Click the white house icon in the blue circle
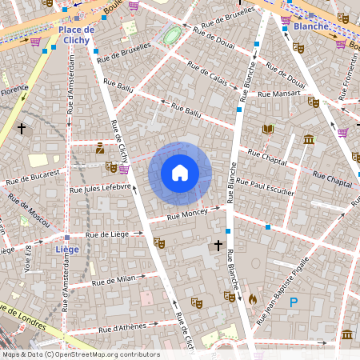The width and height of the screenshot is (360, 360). (x=180, y=173)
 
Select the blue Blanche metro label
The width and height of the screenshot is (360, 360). (x=311, y=26)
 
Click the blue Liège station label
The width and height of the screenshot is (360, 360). (x=66, y=249)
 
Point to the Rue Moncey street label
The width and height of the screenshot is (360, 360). (x=187, y=214)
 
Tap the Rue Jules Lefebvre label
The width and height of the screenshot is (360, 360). (x=100, y=188)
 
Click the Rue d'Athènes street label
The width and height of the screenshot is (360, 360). (x=122, y=327)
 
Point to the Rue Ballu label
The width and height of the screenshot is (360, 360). (x=118, y=85)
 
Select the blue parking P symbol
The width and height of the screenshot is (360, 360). (x=294, y=302)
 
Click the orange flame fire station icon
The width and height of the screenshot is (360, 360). (x=253, y=298)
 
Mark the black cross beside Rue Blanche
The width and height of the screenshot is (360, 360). (x=218, y=246)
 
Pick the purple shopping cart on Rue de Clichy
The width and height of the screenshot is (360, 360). (x=124, y=169)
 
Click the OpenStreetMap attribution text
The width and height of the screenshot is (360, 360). (x=80, y=354)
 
